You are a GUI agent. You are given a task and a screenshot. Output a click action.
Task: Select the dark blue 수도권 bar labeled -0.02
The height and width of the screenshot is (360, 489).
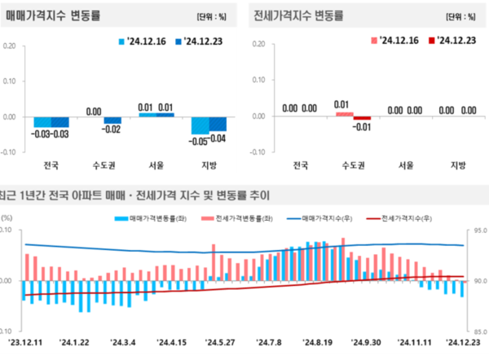pyautogui.click(x=112, y=121)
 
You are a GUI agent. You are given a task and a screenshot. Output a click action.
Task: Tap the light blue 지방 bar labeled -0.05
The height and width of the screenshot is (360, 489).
pyautogui.click(x=200, y=125)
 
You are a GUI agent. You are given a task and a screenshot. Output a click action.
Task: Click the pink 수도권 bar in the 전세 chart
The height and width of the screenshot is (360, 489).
pyautogui.click(x=343, y=113)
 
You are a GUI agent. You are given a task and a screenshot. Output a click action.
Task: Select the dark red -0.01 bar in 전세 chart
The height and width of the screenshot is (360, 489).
pyautogui.click(x=362, y=118)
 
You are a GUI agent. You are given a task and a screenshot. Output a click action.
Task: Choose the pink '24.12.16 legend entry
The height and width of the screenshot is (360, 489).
pyautogui.click(x=395, y=40)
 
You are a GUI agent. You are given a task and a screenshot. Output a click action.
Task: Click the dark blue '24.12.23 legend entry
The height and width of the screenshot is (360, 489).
pyautogui.click(x=203, y=40)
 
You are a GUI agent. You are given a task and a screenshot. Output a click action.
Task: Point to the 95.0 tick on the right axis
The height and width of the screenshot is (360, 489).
pyautogui.click(x=478, y=230)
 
